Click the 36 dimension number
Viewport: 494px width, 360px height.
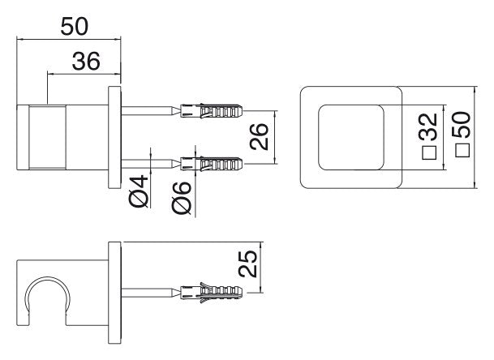[86, 61]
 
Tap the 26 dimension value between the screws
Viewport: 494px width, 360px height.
[260, 137]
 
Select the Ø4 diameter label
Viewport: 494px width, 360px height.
[139, 191]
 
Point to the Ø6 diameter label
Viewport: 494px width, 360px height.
[182, 199]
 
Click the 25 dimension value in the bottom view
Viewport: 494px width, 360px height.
[247, 264]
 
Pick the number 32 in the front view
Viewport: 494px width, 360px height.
[428, 126]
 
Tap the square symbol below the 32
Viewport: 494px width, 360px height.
[429, 153]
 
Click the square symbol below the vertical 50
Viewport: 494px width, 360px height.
[462, 150]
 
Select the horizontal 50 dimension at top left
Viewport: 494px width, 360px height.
[75, 27]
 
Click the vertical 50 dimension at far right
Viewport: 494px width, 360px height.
[462, 124]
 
